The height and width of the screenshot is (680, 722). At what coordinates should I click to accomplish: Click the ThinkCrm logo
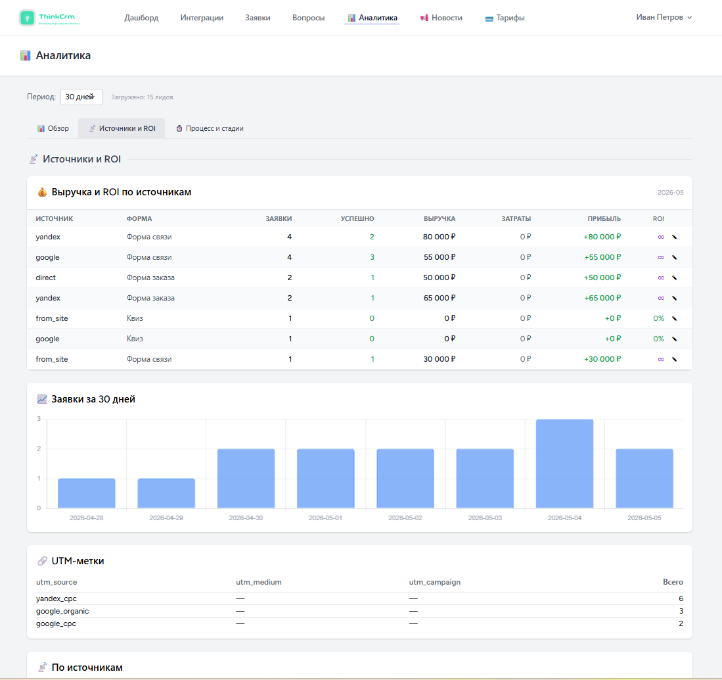(50, 18)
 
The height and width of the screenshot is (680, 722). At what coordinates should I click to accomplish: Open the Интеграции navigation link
(202, 18)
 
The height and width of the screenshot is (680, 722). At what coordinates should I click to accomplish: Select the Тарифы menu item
(505, 18)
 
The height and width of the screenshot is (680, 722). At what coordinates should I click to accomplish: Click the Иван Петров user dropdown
(664, 17)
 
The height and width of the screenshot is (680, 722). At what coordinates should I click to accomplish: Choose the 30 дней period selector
(81, 97)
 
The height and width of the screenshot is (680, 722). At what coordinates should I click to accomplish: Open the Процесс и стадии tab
(210, 129)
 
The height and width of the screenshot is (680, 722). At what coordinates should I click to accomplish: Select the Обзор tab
(53, 129)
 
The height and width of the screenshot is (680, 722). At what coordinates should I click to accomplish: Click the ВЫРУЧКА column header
(440, 218)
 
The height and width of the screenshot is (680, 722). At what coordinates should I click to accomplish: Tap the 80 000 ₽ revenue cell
(440, 237)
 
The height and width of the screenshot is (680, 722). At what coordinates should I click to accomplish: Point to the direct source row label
(45, 278)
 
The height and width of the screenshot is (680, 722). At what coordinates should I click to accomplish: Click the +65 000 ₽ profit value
(602, 298)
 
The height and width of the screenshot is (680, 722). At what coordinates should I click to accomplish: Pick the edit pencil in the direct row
(675, 278)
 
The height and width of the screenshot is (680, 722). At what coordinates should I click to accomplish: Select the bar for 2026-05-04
(564, 464)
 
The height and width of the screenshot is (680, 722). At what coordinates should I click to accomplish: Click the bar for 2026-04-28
(87, 493)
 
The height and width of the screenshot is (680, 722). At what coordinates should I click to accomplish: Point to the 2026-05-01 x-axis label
(326, 518)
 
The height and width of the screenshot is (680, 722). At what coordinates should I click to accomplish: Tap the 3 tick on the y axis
(39, 419)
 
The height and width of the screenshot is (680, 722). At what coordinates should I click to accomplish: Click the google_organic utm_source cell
(62, 611)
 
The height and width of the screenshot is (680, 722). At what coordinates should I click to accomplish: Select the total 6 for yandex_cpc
(681, 598)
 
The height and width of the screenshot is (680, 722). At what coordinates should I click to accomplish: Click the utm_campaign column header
(435, 582)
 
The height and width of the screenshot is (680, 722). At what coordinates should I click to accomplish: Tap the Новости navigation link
(441, 18)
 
